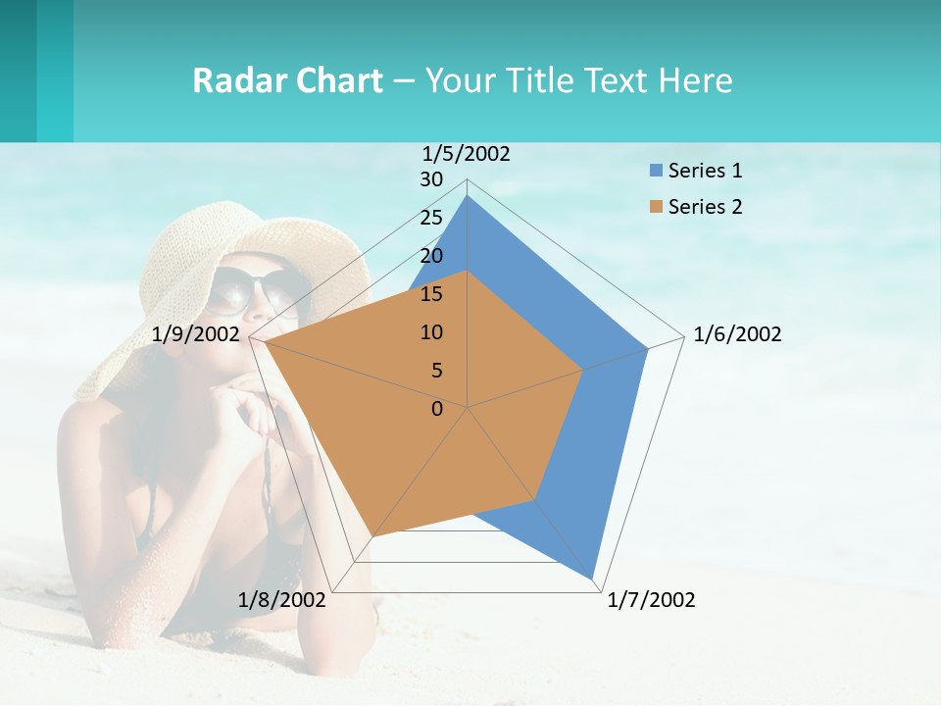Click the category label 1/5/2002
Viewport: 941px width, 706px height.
tap(467, 154)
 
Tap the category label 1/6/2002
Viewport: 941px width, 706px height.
tap(737, 334)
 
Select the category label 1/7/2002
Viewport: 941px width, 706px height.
tap(651, 600)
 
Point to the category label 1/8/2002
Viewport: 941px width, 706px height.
tap(282, 600)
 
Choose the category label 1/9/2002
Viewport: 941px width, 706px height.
tap(196, 334)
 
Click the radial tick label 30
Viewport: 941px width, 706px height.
tap(431, 179)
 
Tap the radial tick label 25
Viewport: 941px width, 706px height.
tap(431, 218)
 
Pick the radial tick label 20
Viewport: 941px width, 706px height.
tap(431, 256)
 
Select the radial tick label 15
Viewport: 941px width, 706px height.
tap(431, 294)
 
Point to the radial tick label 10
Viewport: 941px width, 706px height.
tap(431, 332)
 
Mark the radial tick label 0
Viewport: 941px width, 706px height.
tap(437, 409)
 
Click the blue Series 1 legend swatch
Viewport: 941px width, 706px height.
tap(656, 171)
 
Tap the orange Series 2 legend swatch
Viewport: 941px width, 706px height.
tap(656, 207)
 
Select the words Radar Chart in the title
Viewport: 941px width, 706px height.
tap(287, 80)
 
